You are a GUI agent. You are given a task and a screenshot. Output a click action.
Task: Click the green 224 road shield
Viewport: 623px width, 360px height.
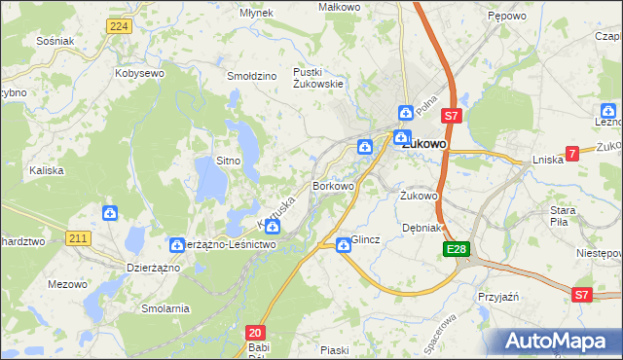pos(120,26)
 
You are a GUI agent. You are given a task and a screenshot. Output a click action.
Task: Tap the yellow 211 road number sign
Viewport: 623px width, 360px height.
pos(80,236)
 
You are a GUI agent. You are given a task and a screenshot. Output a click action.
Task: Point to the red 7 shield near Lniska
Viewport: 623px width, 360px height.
pos(572,153)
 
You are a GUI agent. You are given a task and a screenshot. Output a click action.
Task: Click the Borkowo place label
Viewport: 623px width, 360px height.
pos(332,185)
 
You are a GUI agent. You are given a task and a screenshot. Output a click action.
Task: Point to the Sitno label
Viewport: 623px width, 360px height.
pos(228,161)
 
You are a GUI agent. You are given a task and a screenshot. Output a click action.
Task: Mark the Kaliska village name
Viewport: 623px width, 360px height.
pos(46,170)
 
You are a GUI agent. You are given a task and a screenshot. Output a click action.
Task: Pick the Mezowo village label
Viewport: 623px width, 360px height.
pos(67,285)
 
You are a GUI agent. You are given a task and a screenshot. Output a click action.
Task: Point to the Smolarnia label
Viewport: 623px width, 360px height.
pos(165,308)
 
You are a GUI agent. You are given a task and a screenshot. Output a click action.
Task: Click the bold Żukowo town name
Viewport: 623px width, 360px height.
pos(424,144)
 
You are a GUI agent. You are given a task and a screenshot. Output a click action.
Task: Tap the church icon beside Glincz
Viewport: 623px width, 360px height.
pos(343,245)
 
